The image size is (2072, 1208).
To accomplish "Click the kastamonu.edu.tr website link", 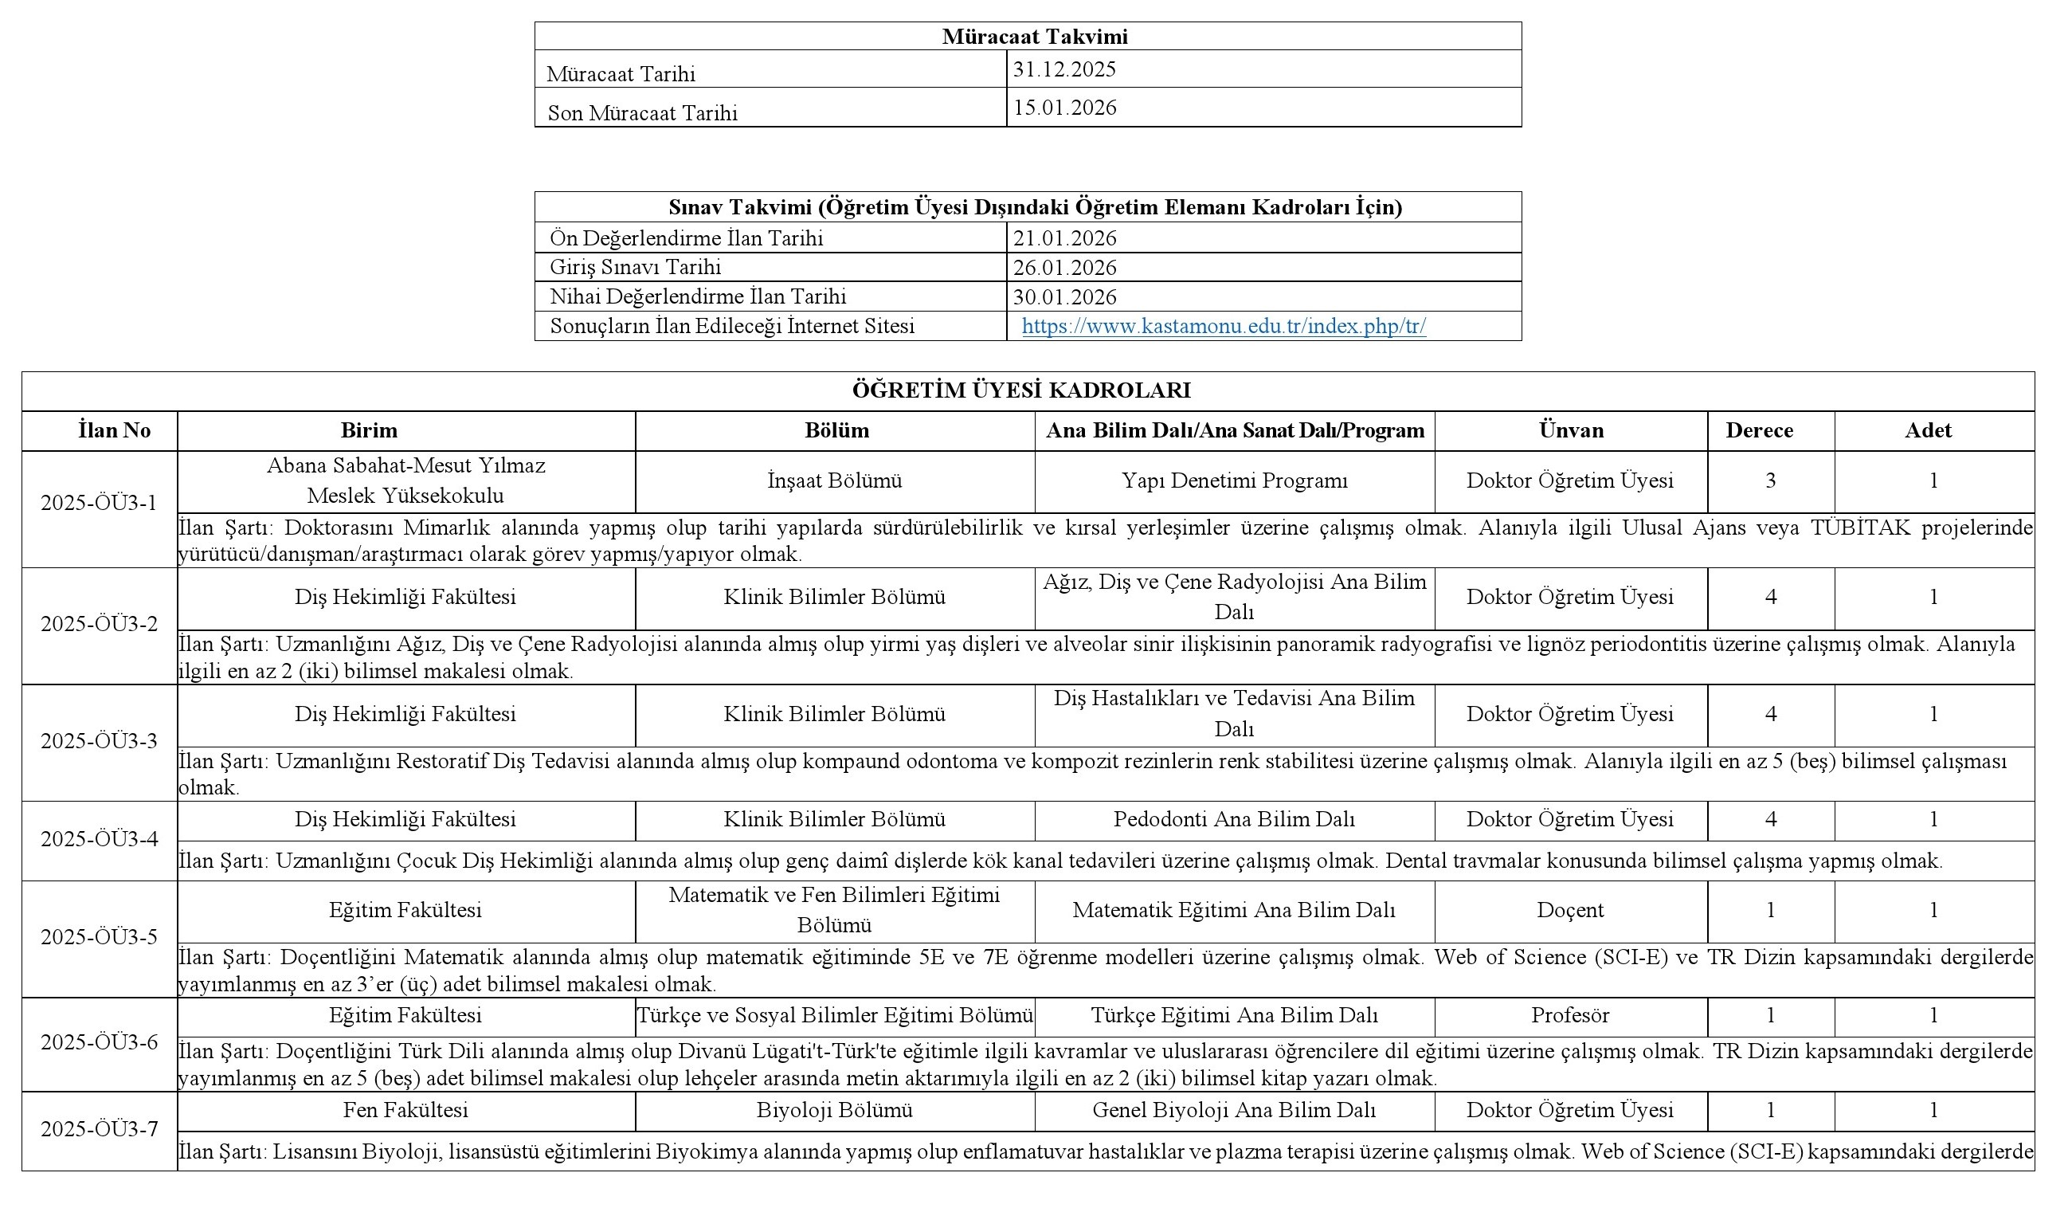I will [x=1224, y=327].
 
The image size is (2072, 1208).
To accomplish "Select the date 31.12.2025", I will [x=1064, y=69].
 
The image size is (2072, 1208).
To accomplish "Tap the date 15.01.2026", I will [x=1064, y=108].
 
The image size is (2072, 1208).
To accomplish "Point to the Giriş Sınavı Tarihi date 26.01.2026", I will [x=1064, y=267].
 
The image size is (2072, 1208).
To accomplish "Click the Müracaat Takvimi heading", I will [x=1034, y=36].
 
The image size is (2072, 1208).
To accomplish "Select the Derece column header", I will [x=1759, y=430].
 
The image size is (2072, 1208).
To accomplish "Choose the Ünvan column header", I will [x=1570, y=430].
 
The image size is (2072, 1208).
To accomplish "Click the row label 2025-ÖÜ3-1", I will [x=99, y=503].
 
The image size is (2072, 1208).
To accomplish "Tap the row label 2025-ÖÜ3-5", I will [x=99, y=936].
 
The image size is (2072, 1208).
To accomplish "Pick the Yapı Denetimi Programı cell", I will [x=1234, y=480].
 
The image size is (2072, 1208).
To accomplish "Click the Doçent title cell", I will [x=1569, y=909].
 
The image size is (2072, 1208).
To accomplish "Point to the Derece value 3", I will [x=1770, y=480].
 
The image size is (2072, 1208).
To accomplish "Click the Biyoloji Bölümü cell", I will [x=835, y=1110].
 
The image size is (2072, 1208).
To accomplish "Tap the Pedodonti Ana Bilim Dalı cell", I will [x=1234, y=819].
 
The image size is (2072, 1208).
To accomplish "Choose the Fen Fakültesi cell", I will [x=405, y=1110].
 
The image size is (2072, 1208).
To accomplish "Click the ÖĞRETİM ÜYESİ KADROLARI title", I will [x=1021, y=390].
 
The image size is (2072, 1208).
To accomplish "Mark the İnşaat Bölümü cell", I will [x=835, y=480].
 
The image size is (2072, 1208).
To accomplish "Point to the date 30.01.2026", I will [x=1064, y=297].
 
